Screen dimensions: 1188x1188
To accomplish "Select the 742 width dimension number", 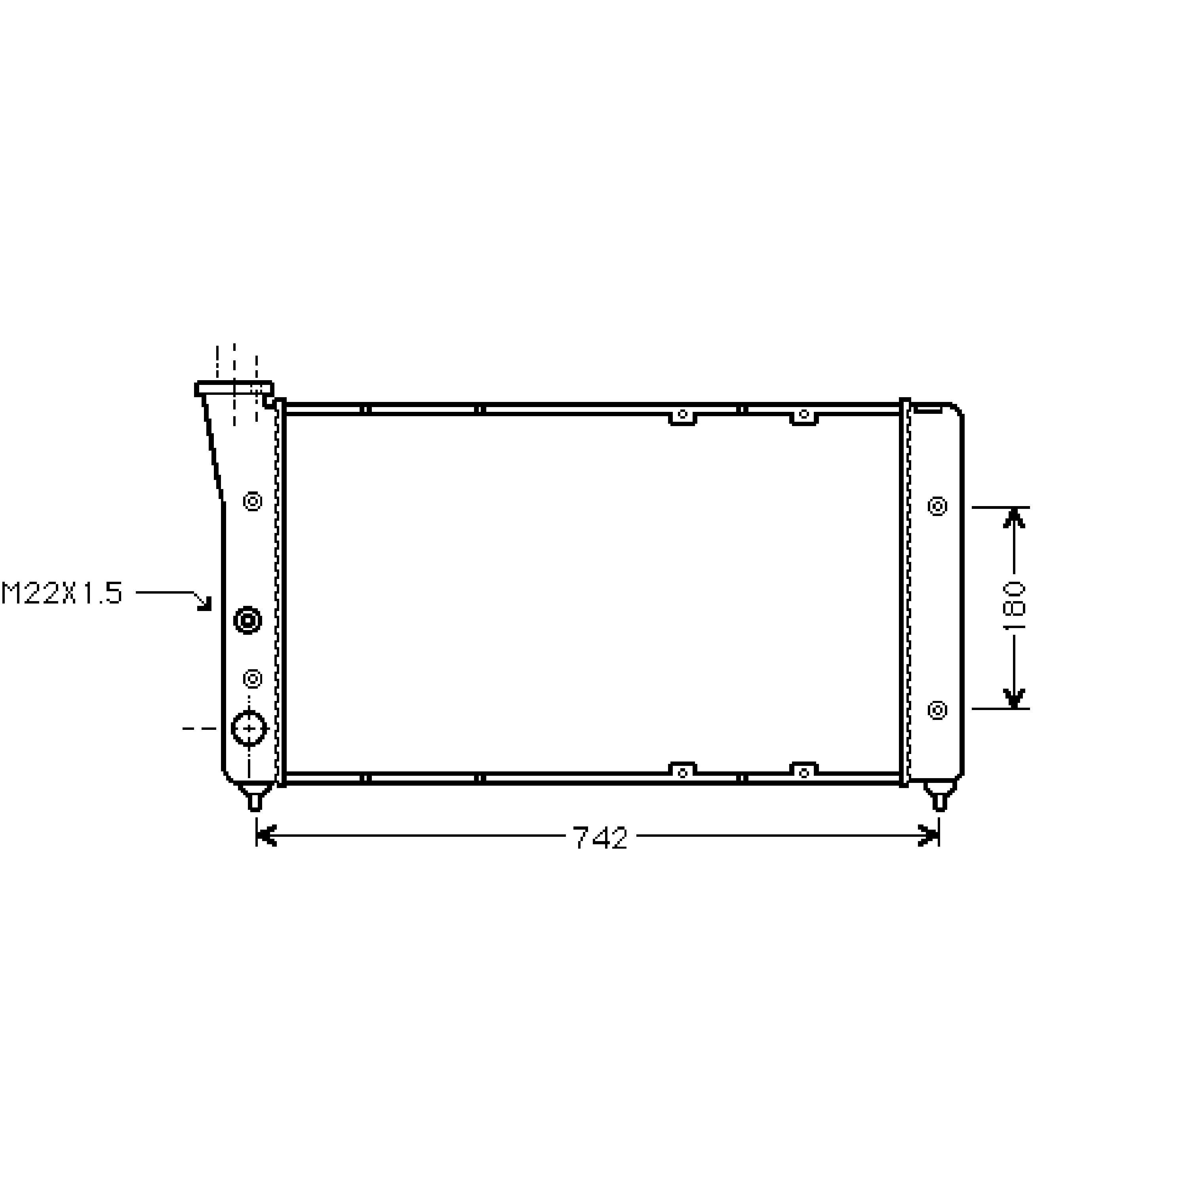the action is coord(600,838).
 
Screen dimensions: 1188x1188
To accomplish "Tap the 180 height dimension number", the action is coord(1014,606).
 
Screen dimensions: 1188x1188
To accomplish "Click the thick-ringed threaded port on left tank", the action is coord(248,621).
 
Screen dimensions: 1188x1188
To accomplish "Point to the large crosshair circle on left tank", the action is coord(249,728).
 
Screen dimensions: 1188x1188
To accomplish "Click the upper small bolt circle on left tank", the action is coord(253,501).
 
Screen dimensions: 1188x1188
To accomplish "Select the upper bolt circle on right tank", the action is coord(937,506).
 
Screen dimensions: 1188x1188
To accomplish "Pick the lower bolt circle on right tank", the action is coord(937,710).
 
